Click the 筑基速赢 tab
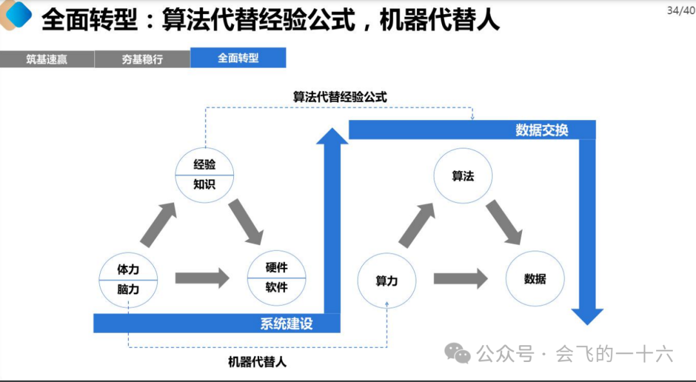click(47, 59)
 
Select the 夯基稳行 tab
click(142, 59)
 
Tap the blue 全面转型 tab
click(238, 58)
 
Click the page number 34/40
click(681, 10)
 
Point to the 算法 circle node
click(463, 176)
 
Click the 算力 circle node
click(387, 281)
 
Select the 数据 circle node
click(535, 279)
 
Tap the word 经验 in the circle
click(204, 164)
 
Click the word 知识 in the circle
click(204, 184)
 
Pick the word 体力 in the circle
click(128, 269)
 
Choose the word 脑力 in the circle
click(128, 289)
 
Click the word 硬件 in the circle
click(276, 267)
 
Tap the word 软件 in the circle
click(276, 287)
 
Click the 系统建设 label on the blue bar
click(286, 323)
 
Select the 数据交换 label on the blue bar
click(541, 130)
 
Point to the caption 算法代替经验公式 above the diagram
click(340, 97)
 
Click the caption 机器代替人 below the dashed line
click(257, 361)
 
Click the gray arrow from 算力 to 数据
click(460, 279)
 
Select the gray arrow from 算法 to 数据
click(503, 221)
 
